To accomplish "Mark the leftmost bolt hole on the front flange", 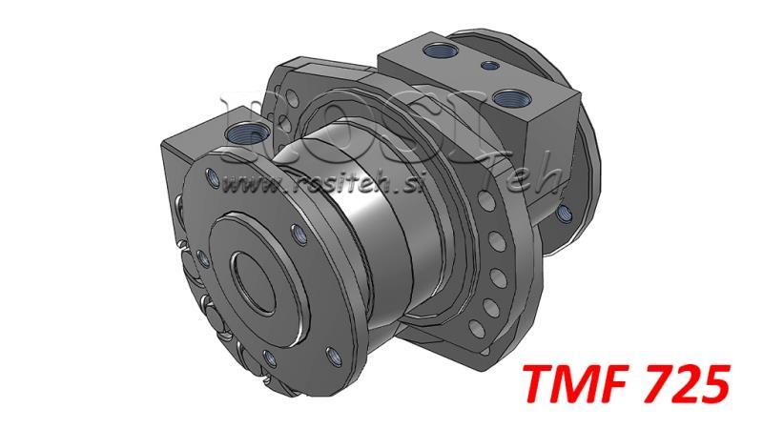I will (x=203, y=257).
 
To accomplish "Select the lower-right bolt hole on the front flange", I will (x=331, y=354).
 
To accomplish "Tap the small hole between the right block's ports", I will (x=488, y=66).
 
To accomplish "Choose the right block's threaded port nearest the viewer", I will (x=505, y=97).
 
